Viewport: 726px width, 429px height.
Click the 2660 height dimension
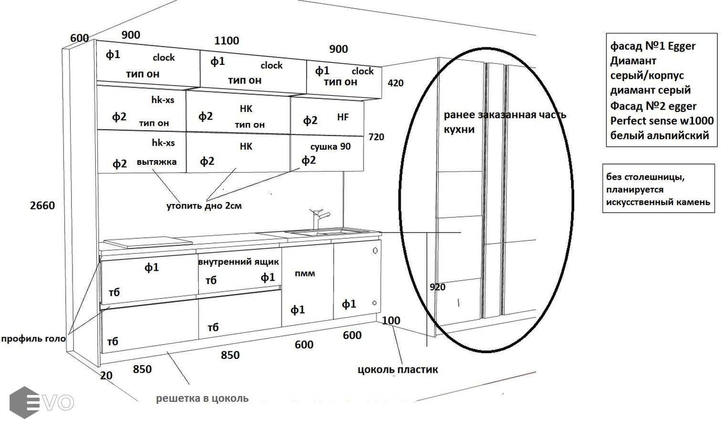tap(42, 205)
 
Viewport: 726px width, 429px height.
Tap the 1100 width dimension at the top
tap(227, 41)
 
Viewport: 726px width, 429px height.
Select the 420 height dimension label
tap(395, 83)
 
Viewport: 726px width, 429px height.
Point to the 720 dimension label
tap(376, 137)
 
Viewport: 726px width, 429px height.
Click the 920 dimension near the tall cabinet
tap(437, 287)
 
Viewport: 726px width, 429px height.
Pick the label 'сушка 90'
tap(330, 146)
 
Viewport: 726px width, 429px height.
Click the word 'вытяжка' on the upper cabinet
tap(156, 162)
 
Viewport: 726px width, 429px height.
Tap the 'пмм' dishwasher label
tap(305, 273)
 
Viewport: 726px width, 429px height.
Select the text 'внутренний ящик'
tap(239, 262)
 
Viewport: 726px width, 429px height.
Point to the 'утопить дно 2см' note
tap(204, 206)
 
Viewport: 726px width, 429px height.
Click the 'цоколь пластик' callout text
tap(397, 369)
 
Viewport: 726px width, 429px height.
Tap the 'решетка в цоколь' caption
tap(202, 398)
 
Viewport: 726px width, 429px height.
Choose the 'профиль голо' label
tap(33, 339)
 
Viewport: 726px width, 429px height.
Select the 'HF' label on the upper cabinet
tap(342, 117)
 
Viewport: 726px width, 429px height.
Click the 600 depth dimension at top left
tap(79, 38)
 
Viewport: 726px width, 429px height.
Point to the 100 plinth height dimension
tap(391, 320)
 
